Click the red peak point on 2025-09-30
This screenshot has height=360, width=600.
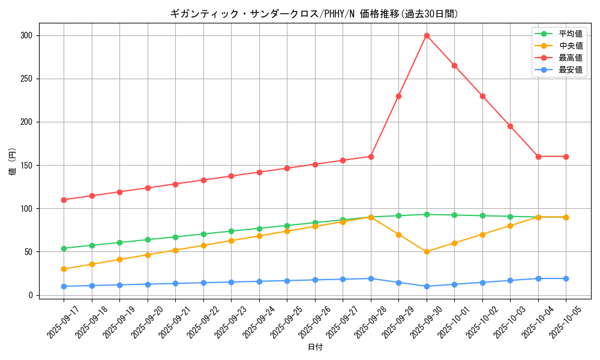pyautogui.click(x=427, y=35)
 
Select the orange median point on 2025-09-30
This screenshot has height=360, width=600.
pyautogui.click(x=427, y=251)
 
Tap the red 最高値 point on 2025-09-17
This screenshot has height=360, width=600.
pyautogui.click(x=64, y=200)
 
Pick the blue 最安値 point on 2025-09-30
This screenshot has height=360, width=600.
pyautogui.click(x=427, y=286)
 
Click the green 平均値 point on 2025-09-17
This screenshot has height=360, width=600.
pyautogui.click(x=64, y=248)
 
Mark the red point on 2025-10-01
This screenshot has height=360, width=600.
pyautogui.click(x=454, y=65)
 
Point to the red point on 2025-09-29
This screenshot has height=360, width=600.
pyautogui.click(x=398, y=96)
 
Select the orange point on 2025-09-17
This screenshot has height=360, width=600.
pyautogui.click(x=64, y=269)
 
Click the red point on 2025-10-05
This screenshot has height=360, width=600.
pyautogui.click(x=566, y=157)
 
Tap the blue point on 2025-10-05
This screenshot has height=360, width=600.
pyautogui.click(x=566, y=278)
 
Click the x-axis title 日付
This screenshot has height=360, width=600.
pyautogui.click(x=315, y=347)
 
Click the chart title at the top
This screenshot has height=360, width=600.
pyautogui.click(x=315, y=14)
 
